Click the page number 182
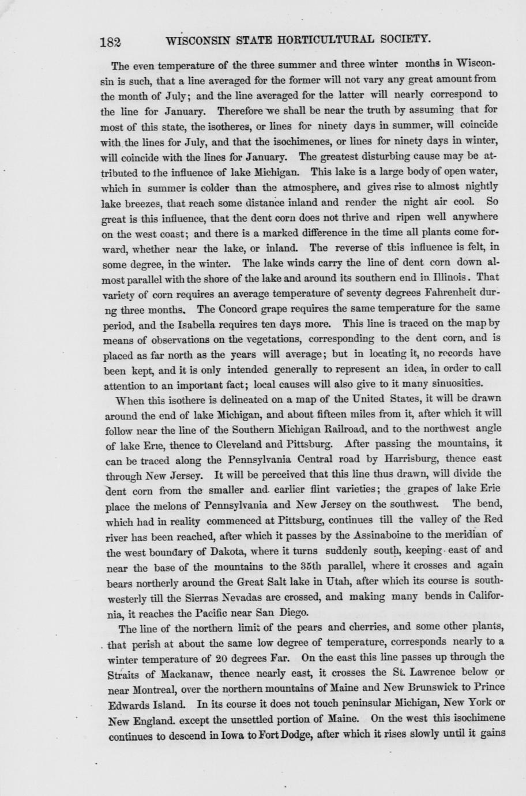tap(110, 42)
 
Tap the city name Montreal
tap(134, 688)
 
